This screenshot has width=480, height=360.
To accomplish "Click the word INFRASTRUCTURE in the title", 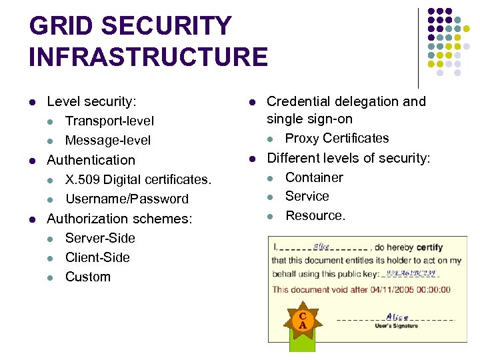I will coord(148,57).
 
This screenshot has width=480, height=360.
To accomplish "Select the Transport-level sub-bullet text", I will coord(109,121).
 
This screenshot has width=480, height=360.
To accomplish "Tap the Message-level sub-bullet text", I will coord(108,140).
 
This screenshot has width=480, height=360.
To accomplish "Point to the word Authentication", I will coord(91,160).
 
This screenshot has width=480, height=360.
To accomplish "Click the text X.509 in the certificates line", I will coord(83,179).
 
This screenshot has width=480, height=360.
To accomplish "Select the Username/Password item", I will coord(127,199).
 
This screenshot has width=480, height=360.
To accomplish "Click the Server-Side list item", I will coord(100,238).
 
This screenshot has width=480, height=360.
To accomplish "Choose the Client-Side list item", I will coord(97,257).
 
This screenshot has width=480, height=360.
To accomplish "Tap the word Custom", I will coord(88,277).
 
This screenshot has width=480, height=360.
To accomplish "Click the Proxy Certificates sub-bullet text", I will coord(337,138).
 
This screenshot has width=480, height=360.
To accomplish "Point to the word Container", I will coord(314,177).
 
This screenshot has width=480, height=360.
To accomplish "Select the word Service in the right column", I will coord(307,196).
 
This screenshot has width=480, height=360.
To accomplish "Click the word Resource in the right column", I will coord(314,215).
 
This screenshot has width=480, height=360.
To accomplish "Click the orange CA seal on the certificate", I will coord(303,321).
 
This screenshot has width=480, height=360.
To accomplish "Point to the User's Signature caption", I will coord(397,325).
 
